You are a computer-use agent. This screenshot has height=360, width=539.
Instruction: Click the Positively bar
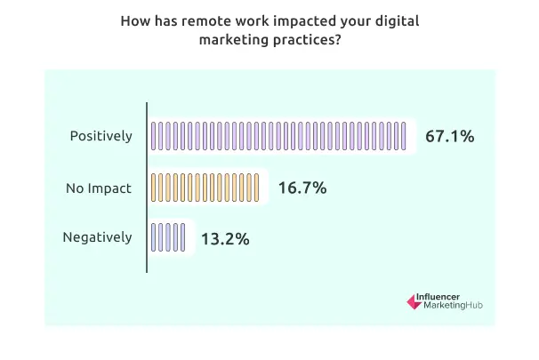[278, 136]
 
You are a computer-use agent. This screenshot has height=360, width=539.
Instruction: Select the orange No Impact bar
[205, 188]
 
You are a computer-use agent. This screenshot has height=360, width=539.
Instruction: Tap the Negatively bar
[169, 238]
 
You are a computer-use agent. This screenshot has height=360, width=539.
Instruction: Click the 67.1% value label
[449, 136]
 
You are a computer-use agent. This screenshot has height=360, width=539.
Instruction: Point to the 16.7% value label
[302, 188]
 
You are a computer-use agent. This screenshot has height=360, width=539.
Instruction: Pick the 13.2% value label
[224, 238]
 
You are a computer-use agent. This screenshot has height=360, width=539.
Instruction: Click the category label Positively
[101, 136]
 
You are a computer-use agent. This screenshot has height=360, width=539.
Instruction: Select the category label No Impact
[98, 188]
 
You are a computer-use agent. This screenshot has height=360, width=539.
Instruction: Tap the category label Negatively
[98, 237]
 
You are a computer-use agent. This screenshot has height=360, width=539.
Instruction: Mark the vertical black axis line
[146, 188]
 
